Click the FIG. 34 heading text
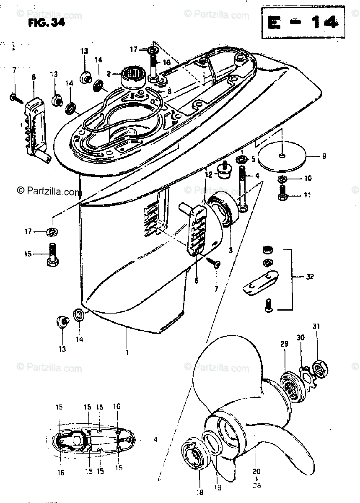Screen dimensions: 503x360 tap(47, 24)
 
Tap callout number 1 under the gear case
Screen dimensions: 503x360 tap(127, 352)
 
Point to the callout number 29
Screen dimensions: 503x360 tap(285, 344)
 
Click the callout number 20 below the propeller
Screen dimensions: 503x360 tap(256, 470)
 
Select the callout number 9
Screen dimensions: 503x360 tap(324, 157)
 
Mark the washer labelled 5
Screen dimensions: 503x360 tap(242, 160)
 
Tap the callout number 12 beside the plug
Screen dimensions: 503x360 tap(208, 173)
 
